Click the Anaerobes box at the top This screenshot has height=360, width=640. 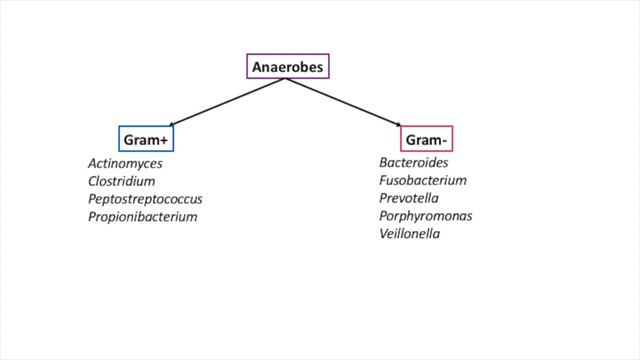(x=287, y=67)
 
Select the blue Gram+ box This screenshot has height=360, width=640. (x=146, y=139)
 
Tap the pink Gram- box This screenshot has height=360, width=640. (x=426, y=139)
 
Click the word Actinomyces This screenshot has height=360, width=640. (x=125, y=163)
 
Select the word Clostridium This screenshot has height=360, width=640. (x=121, y=181)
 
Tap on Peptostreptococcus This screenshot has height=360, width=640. (x=145, y=199)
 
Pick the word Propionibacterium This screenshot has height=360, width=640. (x=142, y=217)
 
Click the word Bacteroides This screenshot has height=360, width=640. (x=413, y=162)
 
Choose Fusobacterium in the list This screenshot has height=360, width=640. (x=422, y=180)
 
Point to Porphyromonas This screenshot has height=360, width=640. (x=425, y=216)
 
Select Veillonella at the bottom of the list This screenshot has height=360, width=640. (x=409, y=234)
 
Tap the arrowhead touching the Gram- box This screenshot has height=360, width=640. (x=399, y=123)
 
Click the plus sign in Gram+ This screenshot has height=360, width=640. (x=163, y=139)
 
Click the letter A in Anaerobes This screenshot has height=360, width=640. (x=257, y=67)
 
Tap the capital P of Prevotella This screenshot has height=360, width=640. (x=383, y=198)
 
